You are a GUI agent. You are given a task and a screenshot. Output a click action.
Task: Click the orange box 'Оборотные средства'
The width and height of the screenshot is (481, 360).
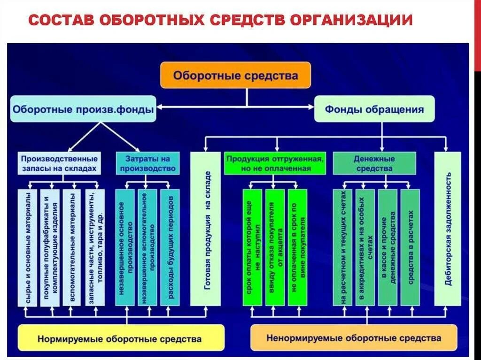(x=235, y=75)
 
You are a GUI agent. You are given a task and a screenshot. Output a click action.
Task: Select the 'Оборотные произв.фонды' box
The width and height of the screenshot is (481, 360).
(x=83, y=110)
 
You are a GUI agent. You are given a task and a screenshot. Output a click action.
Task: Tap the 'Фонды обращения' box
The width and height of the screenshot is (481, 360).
(x=374, y=110)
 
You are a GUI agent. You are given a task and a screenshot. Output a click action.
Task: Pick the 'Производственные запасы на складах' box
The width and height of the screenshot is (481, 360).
(x=59, y=163)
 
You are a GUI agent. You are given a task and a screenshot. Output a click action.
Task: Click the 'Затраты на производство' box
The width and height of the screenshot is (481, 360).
(x=147, y=163)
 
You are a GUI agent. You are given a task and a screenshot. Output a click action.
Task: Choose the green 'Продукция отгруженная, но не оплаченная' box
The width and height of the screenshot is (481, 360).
(x=275, y=163)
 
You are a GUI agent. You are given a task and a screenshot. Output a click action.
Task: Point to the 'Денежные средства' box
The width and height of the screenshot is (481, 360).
(x=374, y=163)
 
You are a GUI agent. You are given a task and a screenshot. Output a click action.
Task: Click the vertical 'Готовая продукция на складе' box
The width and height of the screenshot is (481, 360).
(x=206, y=230)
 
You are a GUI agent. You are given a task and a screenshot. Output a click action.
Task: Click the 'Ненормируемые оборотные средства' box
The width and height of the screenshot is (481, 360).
(x=353, y=338)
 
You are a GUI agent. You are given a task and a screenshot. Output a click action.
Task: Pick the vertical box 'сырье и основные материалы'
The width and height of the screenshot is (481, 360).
(x=28, y=248)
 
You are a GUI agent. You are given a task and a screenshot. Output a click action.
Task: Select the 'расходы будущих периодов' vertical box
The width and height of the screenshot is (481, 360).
(x=170, y=248)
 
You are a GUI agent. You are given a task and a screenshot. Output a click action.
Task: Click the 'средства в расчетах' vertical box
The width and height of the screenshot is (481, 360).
(x=410, y=248)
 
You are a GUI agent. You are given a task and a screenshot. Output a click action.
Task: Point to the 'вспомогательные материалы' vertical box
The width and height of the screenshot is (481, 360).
(x=72, y=248)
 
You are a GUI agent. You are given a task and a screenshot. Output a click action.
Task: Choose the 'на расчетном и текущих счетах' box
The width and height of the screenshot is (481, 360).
(x=342, y=248)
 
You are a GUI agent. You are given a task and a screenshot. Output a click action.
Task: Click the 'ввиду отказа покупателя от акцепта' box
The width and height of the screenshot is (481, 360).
(x=275, y=248)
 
